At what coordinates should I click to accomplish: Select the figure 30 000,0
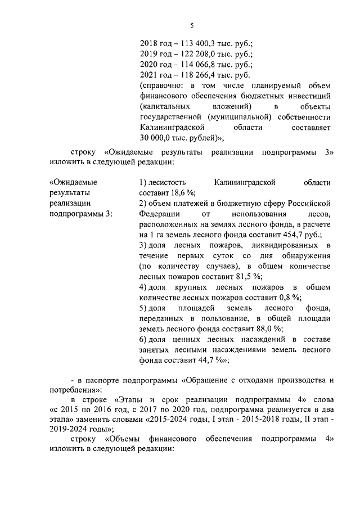pos(156,137)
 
